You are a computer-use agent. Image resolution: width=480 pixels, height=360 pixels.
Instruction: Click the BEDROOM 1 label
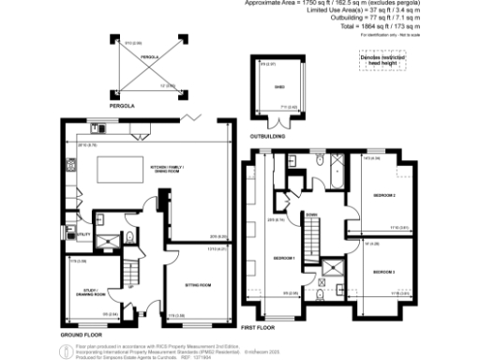284,257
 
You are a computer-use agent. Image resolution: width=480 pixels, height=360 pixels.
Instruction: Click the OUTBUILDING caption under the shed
274,136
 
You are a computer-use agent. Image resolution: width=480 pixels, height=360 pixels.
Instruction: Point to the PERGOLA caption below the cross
123,108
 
